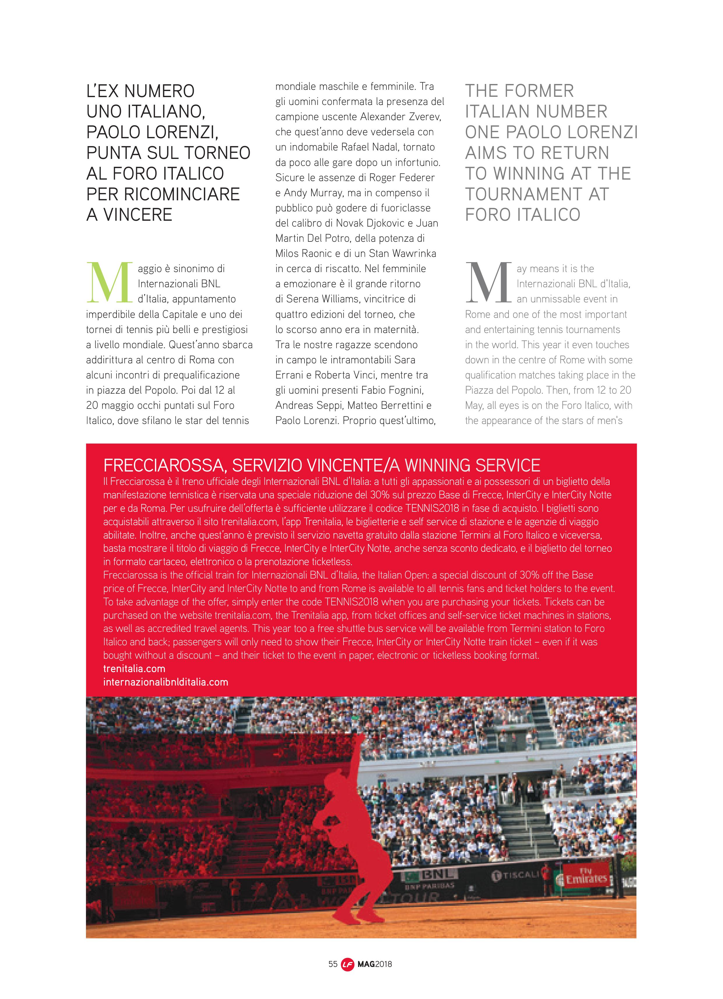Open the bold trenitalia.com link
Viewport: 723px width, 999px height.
tap(134, 669)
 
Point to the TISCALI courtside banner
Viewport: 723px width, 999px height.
tap(516, 875)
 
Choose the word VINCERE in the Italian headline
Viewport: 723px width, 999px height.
tap(137, 215)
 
